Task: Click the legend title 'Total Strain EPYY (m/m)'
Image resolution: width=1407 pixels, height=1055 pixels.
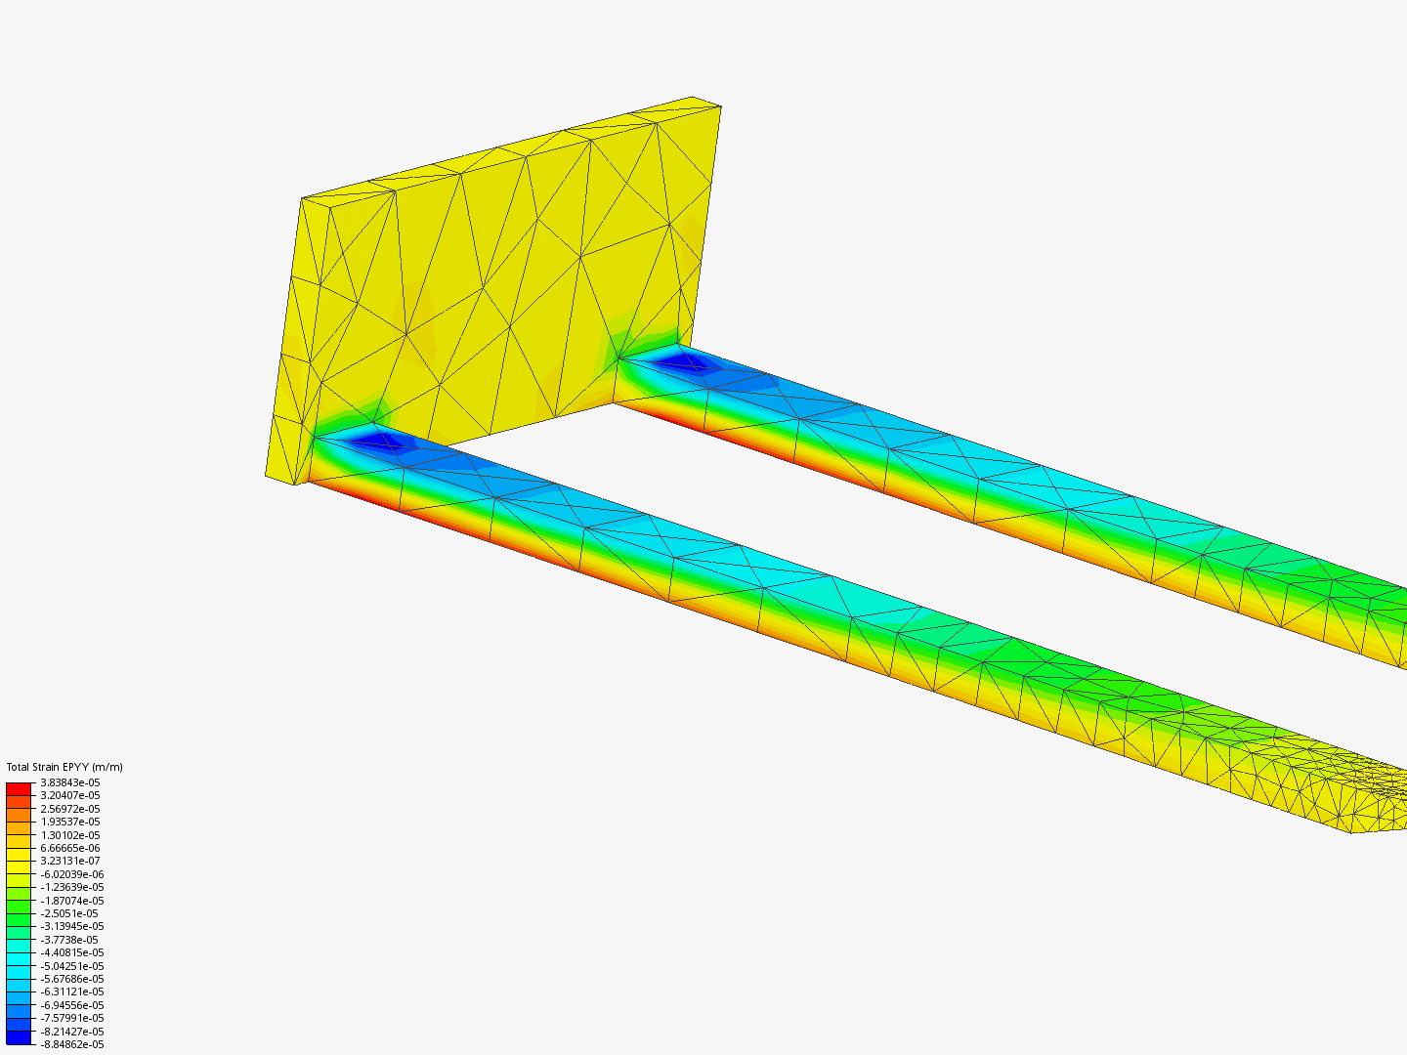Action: pyautogui.click(x=64, y=767)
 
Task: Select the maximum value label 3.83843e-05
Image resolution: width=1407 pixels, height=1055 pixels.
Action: pyautogui.click(x=69, y=782)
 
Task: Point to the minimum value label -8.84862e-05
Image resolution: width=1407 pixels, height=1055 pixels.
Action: pyautogui.click(x=71, y=1044)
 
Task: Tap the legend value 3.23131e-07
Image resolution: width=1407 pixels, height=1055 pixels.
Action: pyautogui.click(x=69, y=861)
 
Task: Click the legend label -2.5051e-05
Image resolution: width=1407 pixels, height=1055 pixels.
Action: pyautogui.click(x=68, y=913)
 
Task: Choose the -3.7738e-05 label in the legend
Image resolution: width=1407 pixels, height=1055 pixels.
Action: pyautogui.click(x=68, y=940)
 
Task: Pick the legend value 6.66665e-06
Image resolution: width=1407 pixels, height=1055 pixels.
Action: pyautogui.click(x=69, y=848)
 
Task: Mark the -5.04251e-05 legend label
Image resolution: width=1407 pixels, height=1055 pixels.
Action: pyautogui.click(x=71, y=966)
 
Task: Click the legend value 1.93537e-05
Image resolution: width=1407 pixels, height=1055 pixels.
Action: pyautogui.click(x=69, y=822)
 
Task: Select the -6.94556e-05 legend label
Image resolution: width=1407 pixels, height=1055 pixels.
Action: pyautogui.click(x=71, y=1005)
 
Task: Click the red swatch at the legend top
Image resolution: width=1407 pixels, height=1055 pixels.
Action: pyautogui.click(x=19, y=788)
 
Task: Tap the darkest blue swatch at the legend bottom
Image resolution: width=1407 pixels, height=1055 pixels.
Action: pyautogui.click(x=19, y=1037)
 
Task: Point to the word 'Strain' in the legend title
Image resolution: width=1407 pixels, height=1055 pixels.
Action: pyautogui.click(x=51, y=767)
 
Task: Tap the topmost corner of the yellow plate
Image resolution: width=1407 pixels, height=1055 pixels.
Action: pyautogui.click(x=694, y=98)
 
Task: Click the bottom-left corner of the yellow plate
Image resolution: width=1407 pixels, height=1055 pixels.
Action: pyautogui.click(x=267, y=476)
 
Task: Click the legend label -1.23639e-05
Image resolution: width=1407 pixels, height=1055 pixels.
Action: pyautogui.click(x=71, y=887)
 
